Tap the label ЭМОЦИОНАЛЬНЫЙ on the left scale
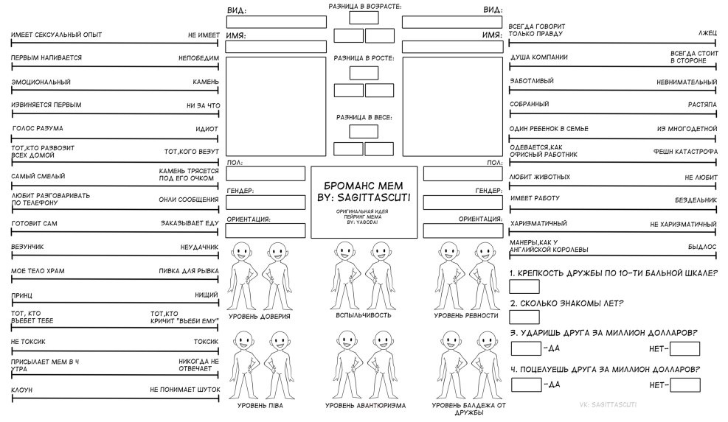(41, 82)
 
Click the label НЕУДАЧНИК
(200, 247)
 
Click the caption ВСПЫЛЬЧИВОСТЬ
(364, 315)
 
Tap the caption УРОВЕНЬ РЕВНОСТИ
(466, 316)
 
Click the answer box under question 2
(524, 317)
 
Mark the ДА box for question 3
(526, 348)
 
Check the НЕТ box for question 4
(685, 384)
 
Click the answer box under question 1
(524, 286)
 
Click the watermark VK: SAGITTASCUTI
(610, 404)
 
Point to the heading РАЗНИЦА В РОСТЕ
(364, 57)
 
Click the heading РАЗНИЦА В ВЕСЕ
(364, 117)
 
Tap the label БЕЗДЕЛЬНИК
(696, 200)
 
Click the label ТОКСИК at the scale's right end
(206, 342)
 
